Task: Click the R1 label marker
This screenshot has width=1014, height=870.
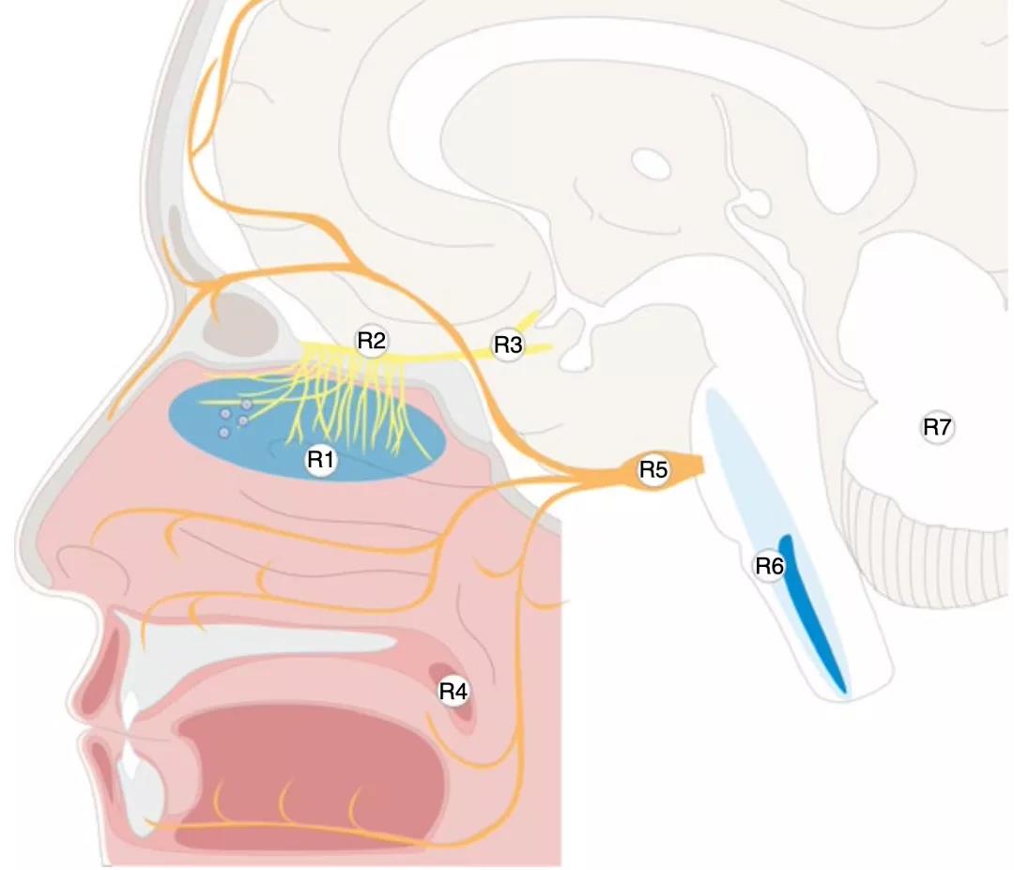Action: pos(321,460)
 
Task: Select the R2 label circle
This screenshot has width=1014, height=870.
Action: pos(372,341)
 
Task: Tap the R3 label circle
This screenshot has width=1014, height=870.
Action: pos(508,345)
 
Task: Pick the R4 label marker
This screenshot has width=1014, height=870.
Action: pos(453,692)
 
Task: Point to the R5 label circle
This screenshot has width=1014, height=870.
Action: pos(653,470)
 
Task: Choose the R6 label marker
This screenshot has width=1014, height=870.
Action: pos(770,566)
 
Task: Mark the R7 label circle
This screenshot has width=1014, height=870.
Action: pos(938,427)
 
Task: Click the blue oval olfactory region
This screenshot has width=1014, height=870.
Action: pos(307,430)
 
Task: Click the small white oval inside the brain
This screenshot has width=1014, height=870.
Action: pos(651,163)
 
